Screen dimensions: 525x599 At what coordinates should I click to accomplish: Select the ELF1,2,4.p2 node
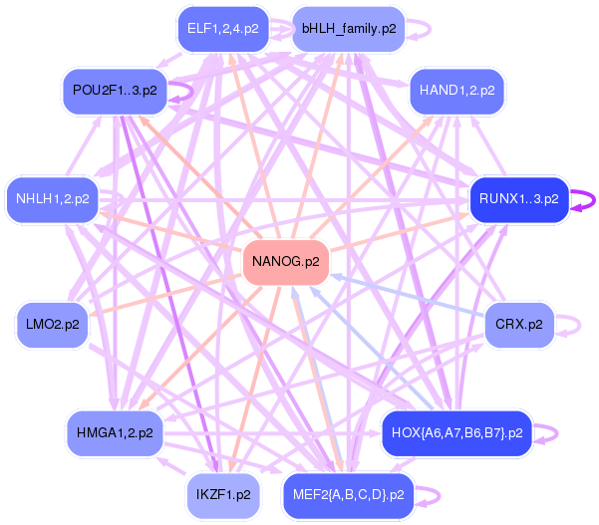click(x=222, y=29)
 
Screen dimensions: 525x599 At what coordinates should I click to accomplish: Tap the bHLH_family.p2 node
click(x=349, y=29)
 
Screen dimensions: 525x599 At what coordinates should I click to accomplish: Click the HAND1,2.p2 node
click(x=456, y=91)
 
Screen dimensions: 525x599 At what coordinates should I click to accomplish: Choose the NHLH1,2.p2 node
click(x=53, y=199)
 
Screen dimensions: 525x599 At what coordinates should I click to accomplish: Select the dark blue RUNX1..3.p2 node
click(x=518, y=199)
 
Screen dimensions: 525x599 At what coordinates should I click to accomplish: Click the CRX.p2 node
click(x=518, y=325)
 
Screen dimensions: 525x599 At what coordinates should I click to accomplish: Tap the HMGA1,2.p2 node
click(x=115, y=433)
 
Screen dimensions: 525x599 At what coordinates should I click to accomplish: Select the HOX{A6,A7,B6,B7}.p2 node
click(x=457, y=433)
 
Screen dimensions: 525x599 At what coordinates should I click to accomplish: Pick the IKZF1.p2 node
click(x=223, y=494)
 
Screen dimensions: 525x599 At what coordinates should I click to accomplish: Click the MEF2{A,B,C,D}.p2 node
click(x=347, y=494)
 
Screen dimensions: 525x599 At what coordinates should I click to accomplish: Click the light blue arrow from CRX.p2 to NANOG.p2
click(x=409, y=295)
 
